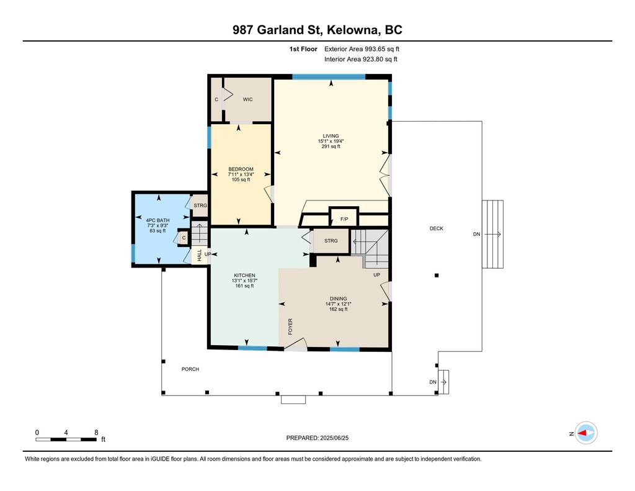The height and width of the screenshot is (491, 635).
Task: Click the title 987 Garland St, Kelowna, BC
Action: tap(317, 30)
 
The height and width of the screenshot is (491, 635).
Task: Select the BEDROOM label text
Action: tap(241, 169)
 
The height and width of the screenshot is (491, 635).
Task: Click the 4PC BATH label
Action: tap(158, 220)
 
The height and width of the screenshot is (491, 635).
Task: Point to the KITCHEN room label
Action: tap(244, 276)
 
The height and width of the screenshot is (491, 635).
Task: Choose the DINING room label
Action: tap(338, 299)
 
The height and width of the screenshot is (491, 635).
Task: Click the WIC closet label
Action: tap(247, 99)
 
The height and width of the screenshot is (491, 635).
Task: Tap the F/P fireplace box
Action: tap(344, 218)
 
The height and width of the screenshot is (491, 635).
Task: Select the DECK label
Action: tap(437, 228)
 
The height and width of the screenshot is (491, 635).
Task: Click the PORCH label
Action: tap(190, 369)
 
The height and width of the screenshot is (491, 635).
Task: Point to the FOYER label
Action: tap(290, 327)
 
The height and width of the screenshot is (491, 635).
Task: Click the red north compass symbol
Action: tap(585, 433)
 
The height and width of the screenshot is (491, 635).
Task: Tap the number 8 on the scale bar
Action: tap(96, 432)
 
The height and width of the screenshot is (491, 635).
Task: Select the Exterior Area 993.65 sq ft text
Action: tap(366, 48)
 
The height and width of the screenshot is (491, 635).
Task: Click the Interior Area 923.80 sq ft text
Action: tap(360, 60)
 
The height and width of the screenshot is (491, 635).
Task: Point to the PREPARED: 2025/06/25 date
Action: tap(322, 438)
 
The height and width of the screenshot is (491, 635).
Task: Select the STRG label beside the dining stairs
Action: tap(331, 241)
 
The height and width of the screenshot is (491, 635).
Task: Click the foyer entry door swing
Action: tap(296, 345)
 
